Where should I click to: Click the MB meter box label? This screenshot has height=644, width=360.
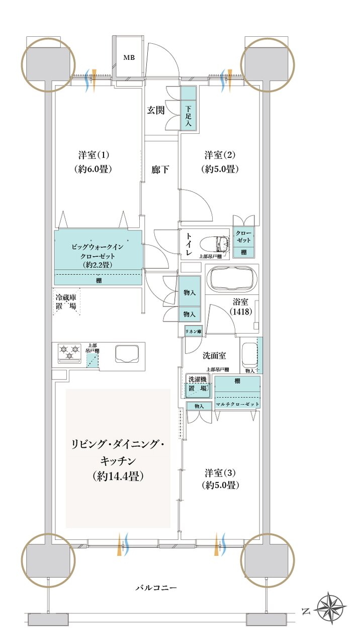click(129, 58)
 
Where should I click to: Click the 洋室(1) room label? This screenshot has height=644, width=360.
click(91, 162)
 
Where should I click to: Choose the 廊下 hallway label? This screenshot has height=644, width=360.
click(160, 170)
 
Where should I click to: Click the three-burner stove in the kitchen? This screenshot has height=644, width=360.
click(69, 352)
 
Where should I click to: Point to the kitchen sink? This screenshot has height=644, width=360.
click(126, 354)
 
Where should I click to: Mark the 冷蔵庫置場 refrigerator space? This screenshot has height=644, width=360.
click(66, 301)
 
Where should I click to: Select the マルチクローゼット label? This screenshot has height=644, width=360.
click(237, 404)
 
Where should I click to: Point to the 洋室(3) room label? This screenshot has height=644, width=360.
click(221, 479)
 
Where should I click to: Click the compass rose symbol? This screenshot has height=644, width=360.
click(331, 611)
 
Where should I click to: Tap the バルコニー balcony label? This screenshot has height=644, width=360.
click(156, 588)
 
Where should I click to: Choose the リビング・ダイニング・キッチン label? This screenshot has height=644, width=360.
click(118, 460)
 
